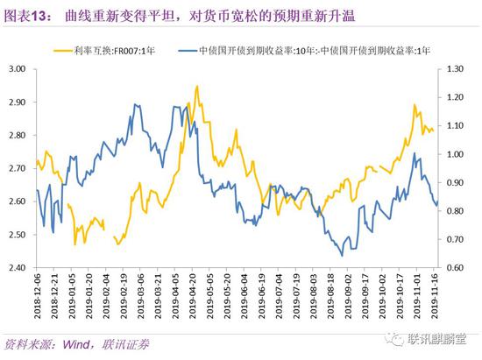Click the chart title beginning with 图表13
tap(167, 11)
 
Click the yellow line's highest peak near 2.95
tap(196, 86)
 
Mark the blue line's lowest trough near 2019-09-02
tap(342, 255)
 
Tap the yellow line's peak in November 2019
tap(414, 104)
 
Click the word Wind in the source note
tap(74, 343)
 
